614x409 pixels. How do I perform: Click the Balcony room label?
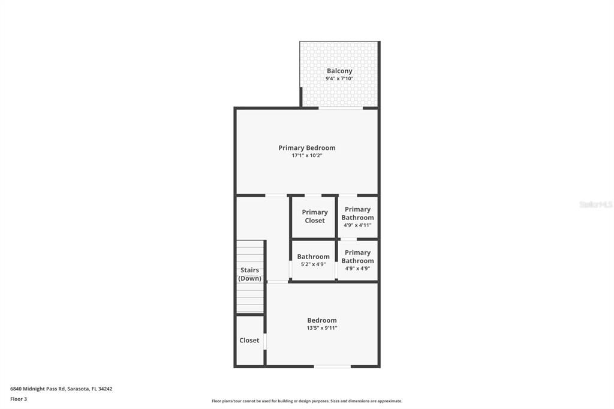[339, 71]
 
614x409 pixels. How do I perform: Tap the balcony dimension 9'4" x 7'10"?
[339, 79]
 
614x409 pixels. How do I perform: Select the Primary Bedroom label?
[306, 148]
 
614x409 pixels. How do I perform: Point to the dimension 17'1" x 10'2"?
[306, 155]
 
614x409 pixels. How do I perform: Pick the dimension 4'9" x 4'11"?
[357, 225]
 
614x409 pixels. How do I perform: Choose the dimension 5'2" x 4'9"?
[313, 264]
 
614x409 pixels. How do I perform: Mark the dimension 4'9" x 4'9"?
[357, 269]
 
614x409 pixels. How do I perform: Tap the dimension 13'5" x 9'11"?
[322, 328]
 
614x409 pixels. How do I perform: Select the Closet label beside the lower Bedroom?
[249, 340]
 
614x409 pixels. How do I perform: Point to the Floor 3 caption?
[19, 399]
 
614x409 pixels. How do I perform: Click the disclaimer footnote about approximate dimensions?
[306, 401]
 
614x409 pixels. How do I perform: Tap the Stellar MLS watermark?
[595, 204]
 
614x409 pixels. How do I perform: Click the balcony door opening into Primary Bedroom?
[340, 109]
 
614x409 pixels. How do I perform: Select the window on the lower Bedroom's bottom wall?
[332, 366]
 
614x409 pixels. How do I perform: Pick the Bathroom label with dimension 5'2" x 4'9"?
[313, 257]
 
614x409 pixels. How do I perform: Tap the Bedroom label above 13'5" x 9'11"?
[322, 320]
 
